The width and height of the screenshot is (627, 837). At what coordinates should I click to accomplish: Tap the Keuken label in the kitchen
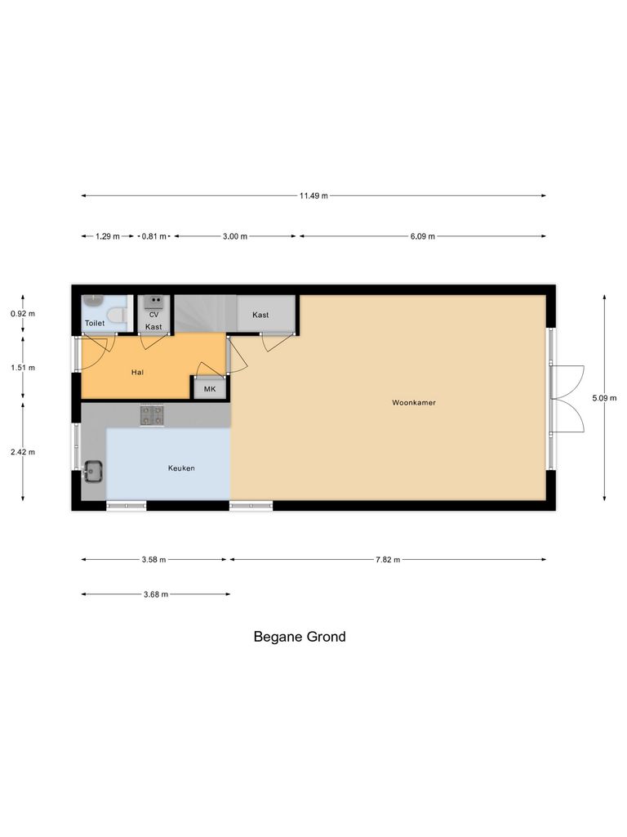click(x=181, y=468)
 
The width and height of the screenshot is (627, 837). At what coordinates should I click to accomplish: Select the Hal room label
click(x=137, y=372)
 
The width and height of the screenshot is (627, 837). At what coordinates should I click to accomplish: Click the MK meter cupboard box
click(x=210, y=389)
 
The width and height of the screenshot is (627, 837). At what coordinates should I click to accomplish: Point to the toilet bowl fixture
click(x=116, y=315)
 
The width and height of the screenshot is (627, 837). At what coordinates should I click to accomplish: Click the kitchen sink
click(x=92, y=472)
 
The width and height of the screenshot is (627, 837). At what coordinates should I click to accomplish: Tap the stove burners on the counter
click(x=152, y=415)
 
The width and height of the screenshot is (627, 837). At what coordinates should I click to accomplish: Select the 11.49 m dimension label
click(x=313, y=195)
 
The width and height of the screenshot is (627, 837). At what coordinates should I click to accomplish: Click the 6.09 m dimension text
click(x=423, y=236)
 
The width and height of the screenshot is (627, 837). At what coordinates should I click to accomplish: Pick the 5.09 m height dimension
click(x=604, y=398)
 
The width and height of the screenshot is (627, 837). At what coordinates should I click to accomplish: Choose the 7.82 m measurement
click(x=388, y=560)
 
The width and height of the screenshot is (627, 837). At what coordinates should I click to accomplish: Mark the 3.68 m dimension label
click(x=154, y=594)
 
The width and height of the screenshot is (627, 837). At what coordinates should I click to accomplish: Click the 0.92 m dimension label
click(x=23, y=314)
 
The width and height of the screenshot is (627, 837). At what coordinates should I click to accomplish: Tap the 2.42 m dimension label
click(x=23, y=451)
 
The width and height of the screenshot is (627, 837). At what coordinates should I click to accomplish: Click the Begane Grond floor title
click(x=300, y=637)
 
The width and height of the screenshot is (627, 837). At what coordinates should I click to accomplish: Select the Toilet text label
click(x=95, y=324)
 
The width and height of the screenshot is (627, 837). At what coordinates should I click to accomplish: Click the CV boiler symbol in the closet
click(x=153, y=301)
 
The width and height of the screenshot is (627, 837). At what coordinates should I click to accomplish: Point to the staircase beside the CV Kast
click(x=204, y=313)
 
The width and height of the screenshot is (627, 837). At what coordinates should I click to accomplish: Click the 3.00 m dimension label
click(x=234, y=236)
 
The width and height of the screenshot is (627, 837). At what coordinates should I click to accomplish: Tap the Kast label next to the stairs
click(x=260, y=315)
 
